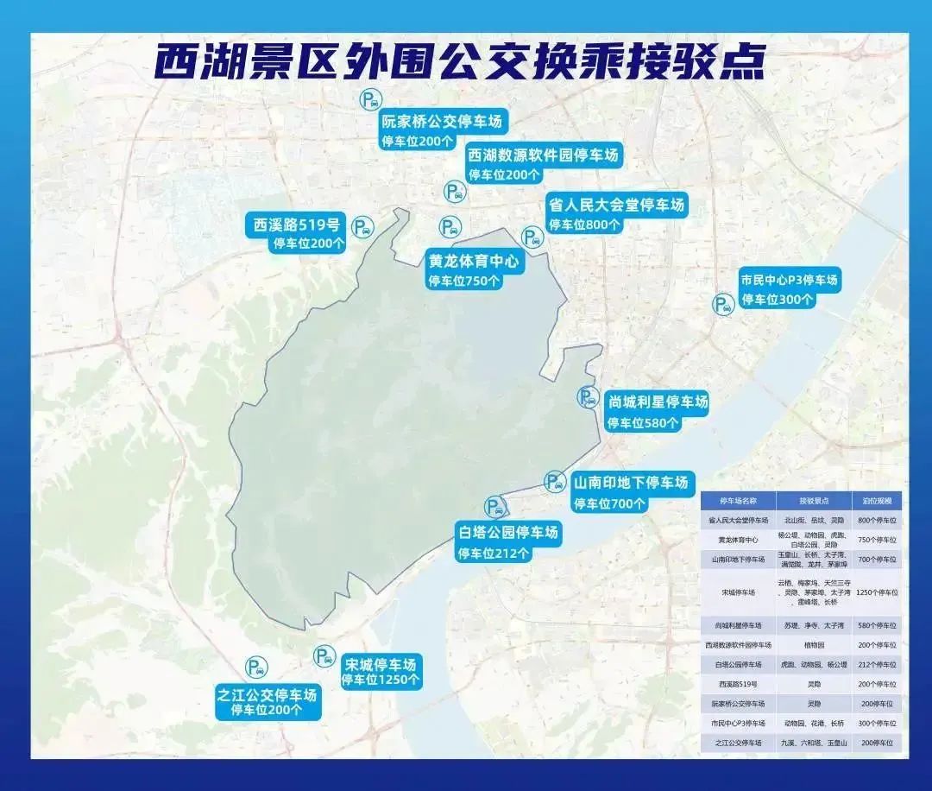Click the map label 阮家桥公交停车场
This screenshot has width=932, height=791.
(x=441, y=121)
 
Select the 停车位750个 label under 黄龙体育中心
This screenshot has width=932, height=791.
(x=463, y=281)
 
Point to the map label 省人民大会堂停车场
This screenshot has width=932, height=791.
(x=616, y=206)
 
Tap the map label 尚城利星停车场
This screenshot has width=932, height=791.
(x=658, y=402)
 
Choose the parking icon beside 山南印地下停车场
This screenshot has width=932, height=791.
(x=555, y=482)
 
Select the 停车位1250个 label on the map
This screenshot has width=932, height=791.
(x=381, y=680)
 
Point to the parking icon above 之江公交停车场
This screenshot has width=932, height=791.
(x=256, y=666)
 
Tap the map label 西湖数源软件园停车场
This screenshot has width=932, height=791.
(x=544, y=156)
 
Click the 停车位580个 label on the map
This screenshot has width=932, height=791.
(x=642, y=423)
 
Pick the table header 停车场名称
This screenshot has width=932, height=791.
(x=738, y=501)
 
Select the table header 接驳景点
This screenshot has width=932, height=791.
(x=814, y=501)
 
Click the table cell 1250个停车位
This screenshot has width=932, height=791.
(x=877, y=593)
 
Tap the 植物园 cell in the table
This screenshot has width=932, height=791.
(x=814, y=645)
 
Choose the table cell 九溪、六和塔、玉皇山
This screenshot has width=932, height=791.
(x=814, y=743)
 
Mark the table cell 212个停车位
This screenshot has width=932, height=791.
(x=877, y=665)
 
